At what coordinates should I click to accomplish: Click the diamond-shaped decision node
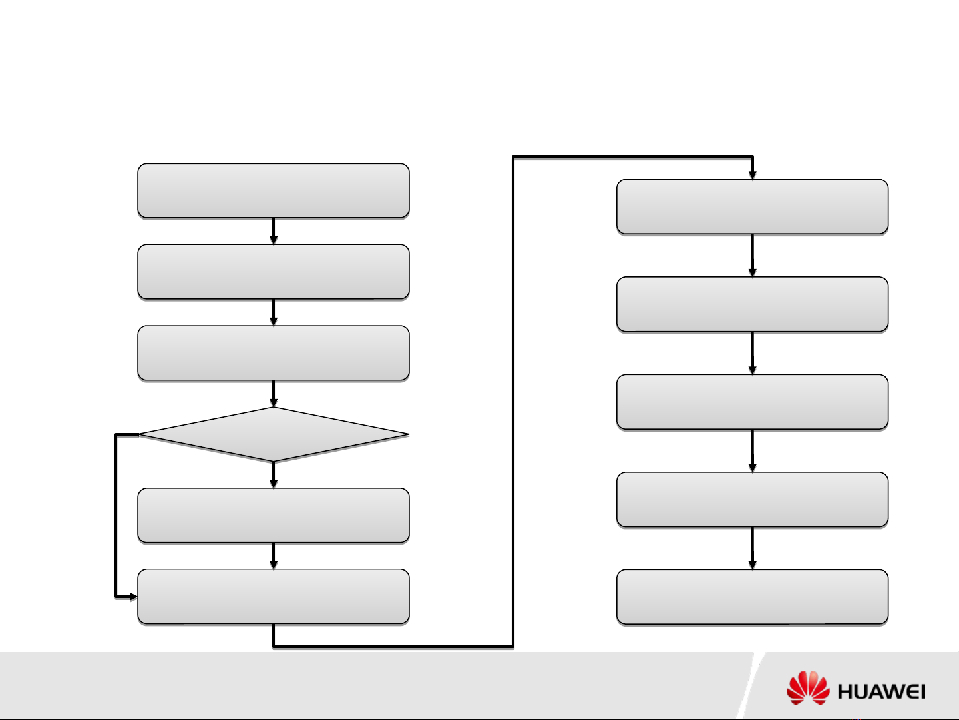(274, 435)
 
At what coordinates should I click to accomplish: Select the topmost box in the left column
(274, 190)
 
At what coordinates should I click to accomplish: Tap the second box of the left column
(274, 272)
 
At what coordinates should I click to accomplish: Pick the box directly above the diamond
(274, 353)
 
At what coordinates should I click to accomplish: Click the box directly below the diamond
(274, 516)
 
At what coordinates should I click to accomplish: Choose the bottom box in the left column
(274, 597)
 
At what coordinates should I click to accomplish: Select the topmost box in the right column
(753, 206)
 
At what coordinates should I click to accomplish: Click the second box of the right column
(753, 304)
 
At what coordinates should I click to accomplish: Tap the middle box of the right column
(753, 402)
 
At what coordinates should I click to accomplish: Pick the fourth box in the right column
(753, 500)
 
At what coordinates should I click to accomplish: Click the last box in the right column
(753, 597)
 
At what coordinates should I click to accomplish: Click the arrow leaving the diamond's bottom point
(274, 476)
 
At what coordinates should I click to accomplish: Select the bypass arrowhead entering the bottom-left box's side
(132, 596)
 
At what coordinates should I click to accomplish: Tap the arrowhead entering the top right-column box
(753, 175)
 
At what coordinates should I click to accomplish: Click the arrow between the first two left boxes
(274, 232)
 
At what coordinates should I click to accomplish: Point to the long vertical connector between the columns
(513, 400)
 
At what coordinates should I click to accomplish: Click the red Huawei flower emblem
(808, 688)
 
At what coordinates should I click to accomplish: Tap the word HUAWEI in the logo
(881, 692)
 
